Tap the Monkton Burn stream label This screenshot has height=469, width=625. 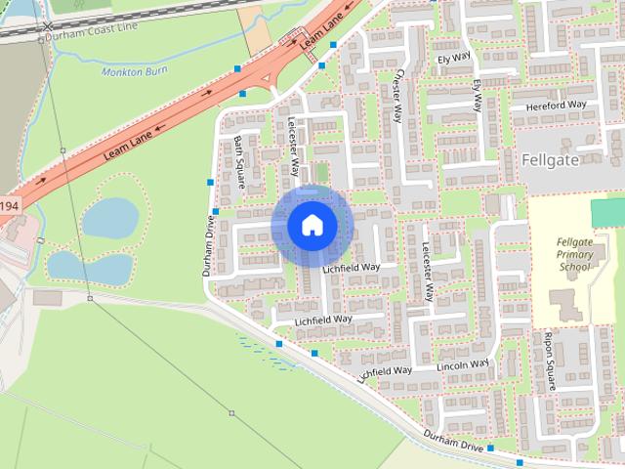(x=134, y=71)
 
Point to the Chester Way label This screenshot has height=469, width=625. (x=396, y=93)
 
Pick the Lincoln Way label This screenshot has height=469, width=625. (x=463, y=366)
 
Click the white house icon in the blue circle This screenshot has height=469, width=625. (x=312, y=226)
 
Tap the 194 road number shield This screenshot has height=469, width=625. (x=8, y=205)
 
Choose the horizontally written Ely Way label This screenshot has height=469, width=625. (x=454, y=59)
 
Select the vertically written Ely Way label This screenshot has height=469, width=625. (x=478, y=97)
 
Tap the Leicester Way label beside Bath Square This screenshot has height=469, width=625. (x=294, y=147)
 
